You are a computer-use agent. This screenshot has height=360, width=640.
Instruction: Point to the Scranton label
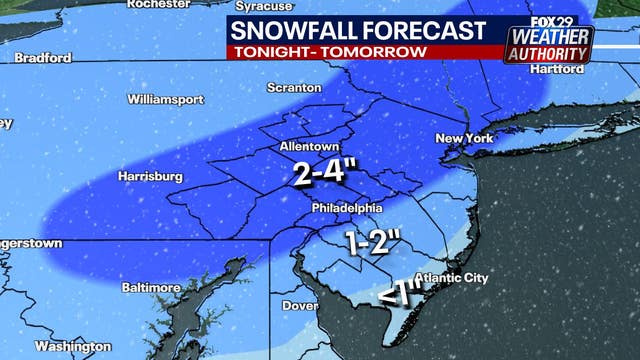coord(293,88)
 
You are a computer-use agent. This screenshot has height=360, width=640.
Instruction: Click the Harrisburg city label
coord(151,176)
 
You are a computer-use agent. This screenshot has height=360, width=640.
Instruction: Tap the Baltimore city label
coord(151,287)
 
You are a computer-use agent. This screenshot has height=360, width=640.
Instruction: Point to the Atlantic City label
coord(452,277)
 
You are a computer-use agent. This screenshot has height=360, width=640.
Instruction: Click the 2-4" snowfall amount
coord(318,173)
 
